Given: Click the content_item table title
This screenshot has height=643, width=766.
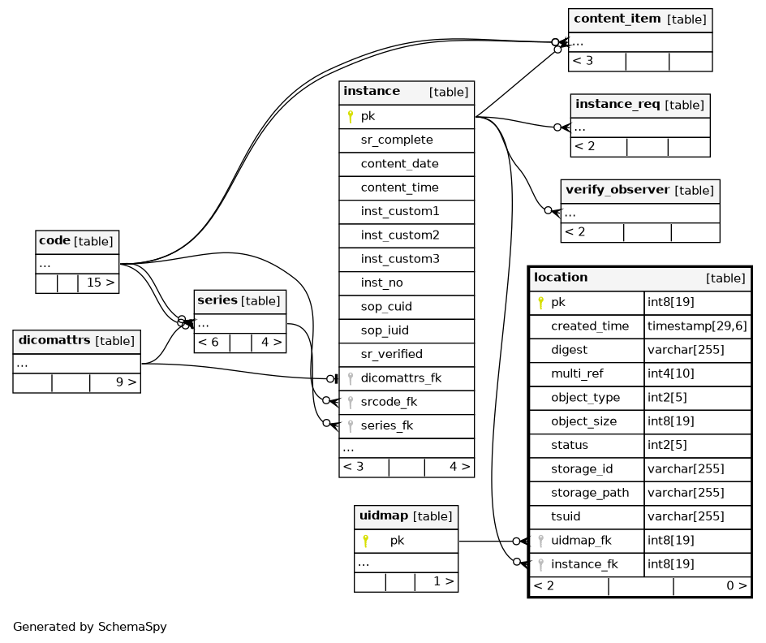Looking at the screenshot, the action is pos(617,19).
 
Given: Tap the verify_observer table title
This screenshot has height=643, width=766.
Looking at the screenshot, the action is pos(618,190).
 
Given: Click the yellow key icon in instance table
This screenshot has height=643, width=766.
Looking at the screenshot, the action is pos(351,117).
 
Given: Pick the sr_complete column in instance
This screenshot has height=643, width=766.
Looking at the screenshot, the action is pos(397,140).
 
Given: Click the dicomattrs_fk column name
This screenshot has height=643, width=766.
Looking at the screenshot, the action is pos(401,378).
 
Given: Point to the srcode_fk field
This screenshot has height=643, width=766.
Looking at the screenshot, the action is pos(389,402).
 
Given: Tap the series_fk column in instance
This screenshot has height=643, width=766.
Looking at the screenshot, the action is pos(387,426).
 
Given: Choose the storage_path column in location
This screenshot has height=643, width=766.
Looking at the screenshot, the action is pos(590,493).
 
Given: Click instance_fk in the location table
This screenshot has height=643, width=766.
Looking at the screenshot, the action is pos(584,564).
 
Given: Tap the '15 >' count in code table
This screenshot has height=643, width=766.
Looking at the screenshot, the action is pos(101,283).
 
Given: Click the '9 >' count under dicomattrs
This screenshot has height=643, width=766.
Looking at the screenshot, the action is pos(126,382).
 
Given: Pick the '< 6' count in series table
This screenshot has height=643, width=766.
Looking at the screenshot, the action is pos(208,343).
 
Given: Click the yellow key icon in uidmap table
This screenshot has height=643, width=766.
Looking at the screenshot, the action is pos(365,541).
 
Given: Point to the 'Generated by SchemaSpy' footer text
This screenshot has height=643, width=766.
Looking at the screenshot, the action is pos(90,627).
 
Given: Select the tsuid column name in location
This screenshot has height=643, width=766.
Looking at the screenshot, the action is pos(566,517).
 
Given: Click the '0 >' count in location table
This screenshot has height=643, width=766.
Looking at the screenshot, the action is pos(737,586).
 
